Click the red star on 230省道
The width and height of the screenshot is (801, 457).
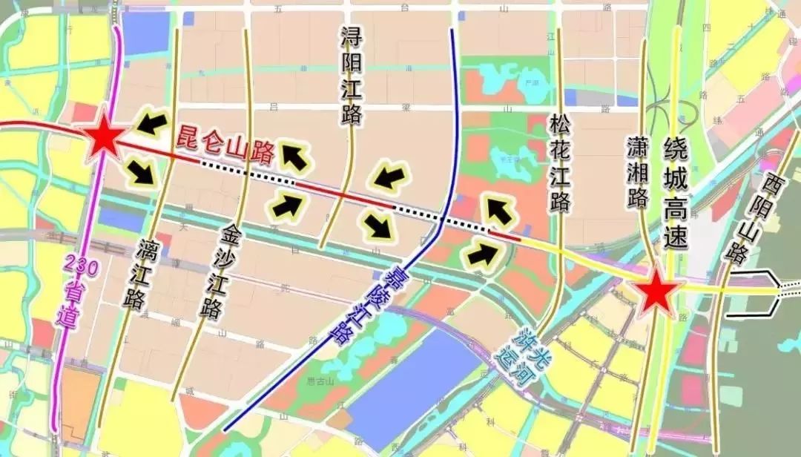point(102,139)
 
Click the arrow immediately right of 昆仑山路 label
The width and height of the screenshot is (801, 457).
point(294,157)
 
